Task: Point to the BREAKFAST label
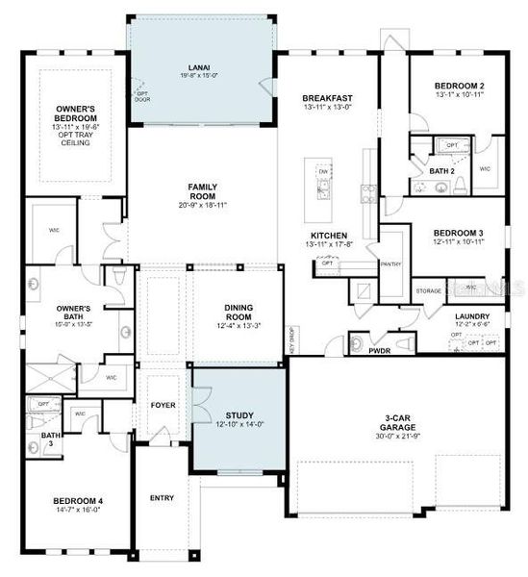[327, 98]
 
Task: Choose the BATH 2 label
[441, 170]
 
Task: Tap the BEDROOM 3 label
[458, 233]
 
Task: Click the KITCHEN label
[327, 236]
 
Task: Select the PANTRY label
[390, 263]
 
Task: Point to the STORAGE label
[428, 289]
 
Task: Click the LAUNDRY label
[472, 315]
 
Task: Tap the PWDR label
[379, 351]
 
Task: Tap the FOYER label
[163, 405]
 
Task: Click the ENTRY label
[162, 497]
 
